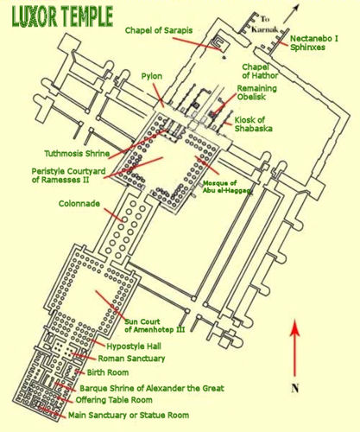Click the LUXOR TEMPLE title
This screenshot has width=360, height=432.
click(x=62, y=17)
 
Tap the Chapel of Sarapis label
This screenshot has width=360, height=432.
click(x=159, y=30)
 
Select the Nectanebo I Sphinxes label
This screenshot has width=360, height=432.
click(x=314, y=42)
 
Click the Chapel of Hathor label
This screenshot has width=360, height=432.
click(x=260, y=71)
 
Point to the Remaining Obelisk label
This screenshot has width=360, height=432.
click(x=256, y=92)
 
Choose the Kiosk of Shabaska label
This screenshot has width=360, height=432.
click(x=253, y=124)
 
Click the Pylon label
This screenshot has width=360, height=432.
click(x=152, y=76)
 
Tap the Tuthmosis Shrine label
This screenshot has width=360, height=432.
click(x=77, y=154)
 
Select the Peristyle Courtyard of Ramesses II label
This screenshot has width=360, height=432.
click(x=68, y=175)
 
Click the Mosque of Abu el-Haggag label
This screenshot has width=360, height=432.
click(x=226, y=187)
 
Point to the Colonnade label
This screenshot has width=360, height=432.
click(x=79, y=204)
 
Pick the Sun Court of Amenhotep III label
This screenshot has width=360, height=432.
click(x=155, y=326)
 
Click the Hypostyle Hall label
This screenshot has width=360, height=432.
click(x=134, y=346)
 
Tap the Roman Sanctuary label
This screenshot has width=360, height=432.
click(x=131, y=359)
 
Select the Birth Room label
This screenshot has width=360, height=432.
click(x=108, y=372)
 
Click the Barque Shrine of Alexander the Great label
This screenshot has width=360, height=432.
click(x=152, y=388)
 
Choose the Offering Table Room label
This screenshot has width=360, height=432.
click(x=114, y=400)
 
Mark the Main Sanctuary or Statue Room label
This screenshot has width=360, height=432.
click(x=129, y=415)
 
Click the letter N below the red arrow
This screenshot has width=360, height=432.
click(x=294, y=388)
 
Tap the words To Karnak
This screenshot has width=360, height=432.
click(x=265, y=24)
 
